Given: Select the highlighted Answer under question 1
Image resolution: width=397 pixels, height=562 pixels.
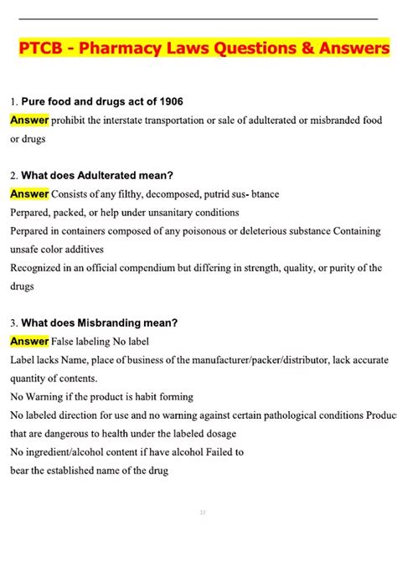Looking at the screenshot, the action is coord(29,121).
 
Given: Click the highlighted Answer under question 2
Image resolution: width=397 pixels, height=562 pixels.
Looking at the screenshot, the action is coord(29,193).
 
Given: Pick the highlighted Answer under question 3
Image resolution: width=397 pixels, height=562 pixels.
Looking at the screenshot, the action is coord(29,341).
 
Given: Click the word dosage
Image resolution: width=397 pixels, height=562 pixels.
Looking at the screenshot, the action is coord(218,434).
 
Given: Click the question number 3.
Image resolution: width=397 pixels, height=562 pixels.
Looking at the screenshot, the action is coord(13,323).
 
